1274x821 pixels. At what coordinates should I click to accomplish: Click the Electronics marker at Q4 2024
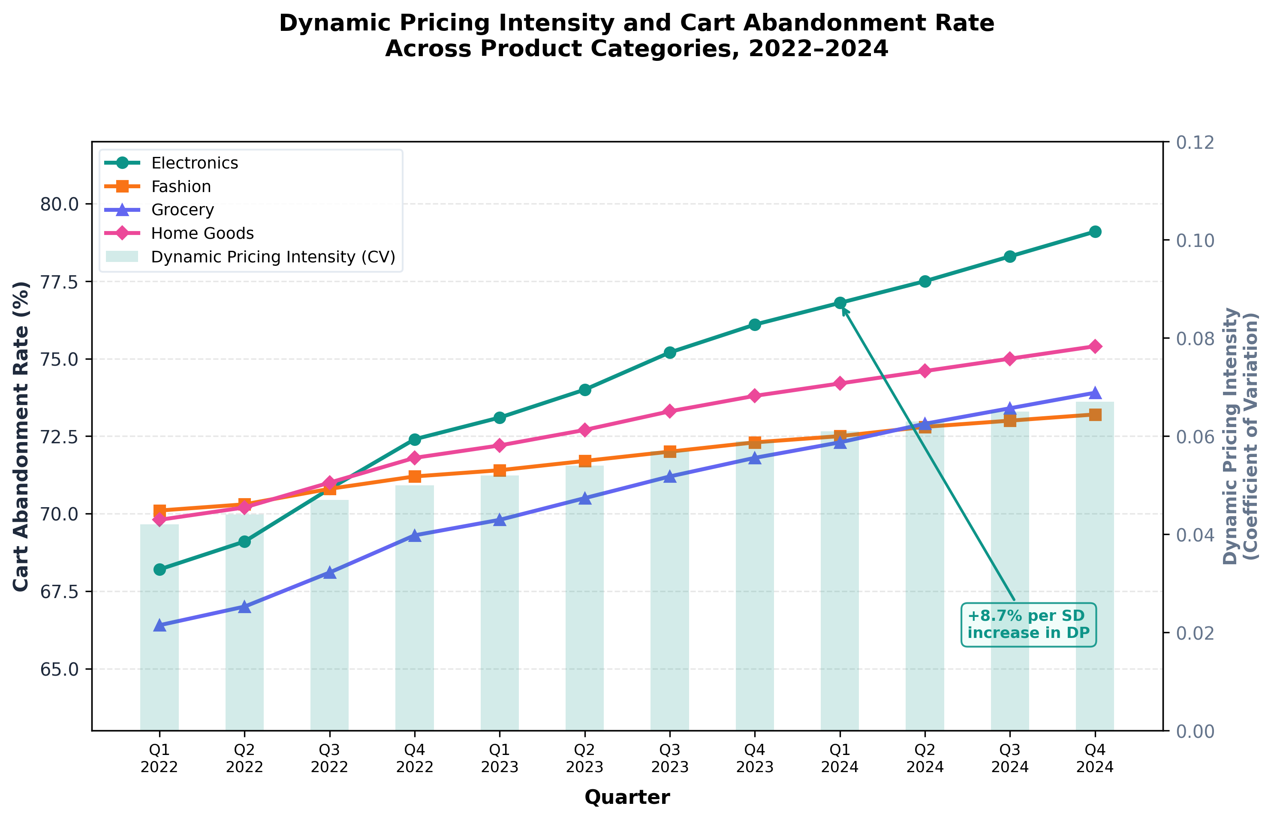point(1095,232)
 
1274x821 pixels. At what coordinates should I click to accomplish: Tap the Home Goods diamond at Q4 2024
point(1095,346)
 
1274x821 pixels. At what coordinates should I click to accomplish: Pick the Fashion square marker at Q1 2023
point(500,470)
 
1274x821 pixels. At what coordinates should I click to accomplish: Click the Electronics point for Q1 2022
point(160,569)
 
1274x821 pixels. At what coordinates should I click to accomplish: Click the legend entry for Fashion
point(181,186)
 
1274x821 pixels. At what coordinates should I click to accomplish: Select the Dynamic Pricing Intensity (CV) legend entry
point(273,257)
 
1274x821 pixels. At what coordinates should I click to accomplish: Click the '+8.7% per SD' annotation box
point(1028,624)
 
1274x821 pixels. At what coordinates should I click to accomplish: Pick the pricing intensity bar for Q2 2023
point(584,597)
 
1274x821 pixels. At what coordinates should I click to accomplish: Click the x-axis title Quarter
point(627,797)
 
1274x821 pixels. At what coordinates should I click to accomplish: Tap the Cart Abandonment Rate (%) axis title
point(21,436)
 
